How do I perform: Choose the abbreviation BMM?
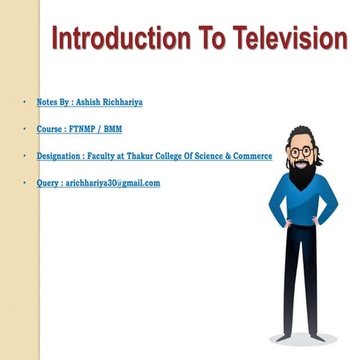(x=113, y=129)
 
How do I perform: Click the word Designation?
(x=61, y=156)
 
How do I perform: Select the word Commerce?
(x=251, y=156)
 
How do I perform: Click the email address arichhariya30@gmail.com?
(x=113, y=183)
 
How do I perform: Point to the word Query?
(x=49, y=183)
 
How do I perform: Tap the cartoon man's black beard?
(x=301, y=174)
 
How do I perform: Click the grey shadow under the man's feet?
(x=303, y=339)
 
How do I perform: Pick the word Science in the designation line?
(x=212, y=156)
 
